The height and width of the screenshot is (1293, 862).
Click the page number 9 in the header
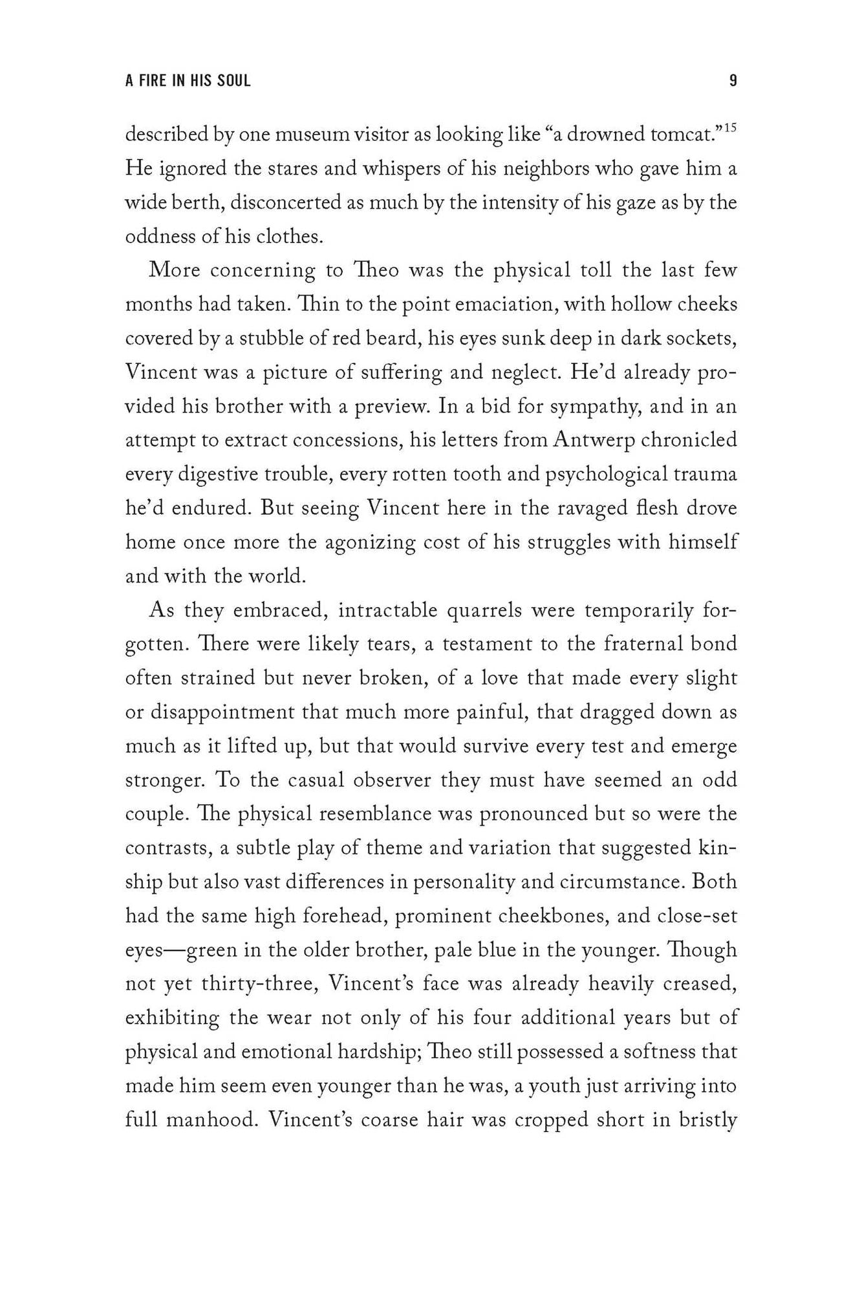(x=733, y=81)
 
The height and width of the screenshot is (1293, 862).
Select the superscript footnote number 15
(x=730, y=129)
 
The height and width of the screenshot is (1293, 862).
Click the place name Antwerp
(x=595, y=440)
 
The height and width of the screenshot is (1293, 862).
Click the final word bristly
(x=707, y=1119)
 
